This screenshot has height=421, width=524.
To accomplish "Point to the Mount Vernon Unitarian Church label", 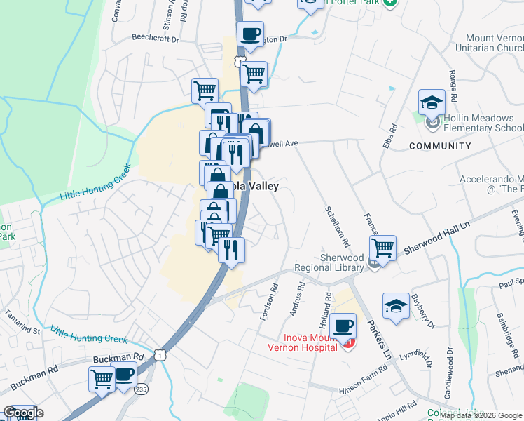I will coord(494,44).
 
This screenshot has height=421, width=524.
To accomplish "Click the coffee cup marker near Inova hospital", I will coord(343,326).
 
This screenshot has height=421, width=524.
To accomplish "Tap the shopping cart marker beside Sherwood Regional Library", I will coord(382,247).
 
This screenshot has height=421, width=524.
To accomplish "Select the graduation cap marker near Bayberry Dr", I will coord(396,307).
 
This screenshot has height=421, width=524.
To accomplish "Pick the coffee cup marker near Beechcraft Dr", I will coord(250,34).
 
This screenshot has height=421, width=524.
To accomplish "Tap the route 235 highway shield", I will coord(142,389).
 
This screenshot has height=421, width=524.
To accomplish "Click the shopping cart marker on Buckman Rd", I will coord(102,379).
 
